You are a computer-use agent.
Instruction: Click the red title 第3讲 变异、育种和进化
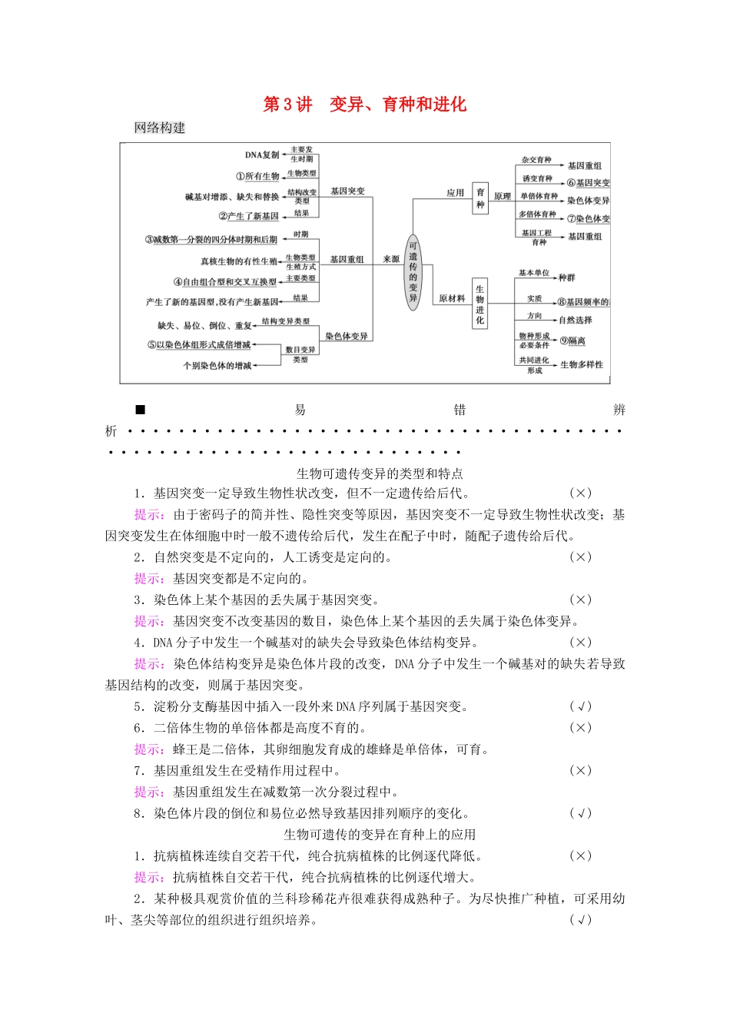365,105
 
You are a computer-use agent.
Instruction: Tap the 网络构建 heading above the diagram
160,128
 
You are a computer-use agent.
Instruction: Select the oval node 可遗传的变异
413,272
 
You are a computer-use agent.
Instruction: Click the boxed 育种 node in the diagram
480,198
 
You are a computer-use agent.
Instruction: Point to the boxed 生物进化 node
479,304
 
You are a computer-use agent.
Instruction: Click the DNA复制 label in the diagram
263,154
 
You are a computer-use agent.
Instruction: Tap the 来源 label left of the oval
391,259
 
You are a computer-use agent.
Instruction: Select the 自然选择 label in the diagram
576,320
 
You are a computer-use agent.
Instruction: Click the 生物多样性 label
582,364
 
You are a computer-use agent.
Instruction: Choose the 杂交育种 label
536,160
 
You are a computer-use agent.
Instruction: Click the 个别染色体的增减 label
217,365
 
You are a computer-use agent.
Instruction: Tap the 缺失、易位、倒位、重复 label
205,325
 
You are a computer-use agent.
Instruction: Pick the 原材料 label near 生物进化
452,298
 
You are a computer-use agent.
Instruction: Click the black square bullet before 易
140,410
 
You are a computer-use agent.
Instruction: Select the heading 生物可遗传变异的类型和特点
380,473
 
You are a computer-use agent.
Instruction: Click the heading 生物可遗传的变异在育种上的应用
380,834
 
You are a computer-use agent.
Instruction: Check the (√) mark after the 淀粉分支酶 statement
580,706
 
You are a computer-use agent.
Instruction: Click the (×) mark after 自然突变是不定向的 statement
580,557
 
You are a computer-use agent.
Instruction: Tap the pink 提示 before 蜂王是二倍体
148,749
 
